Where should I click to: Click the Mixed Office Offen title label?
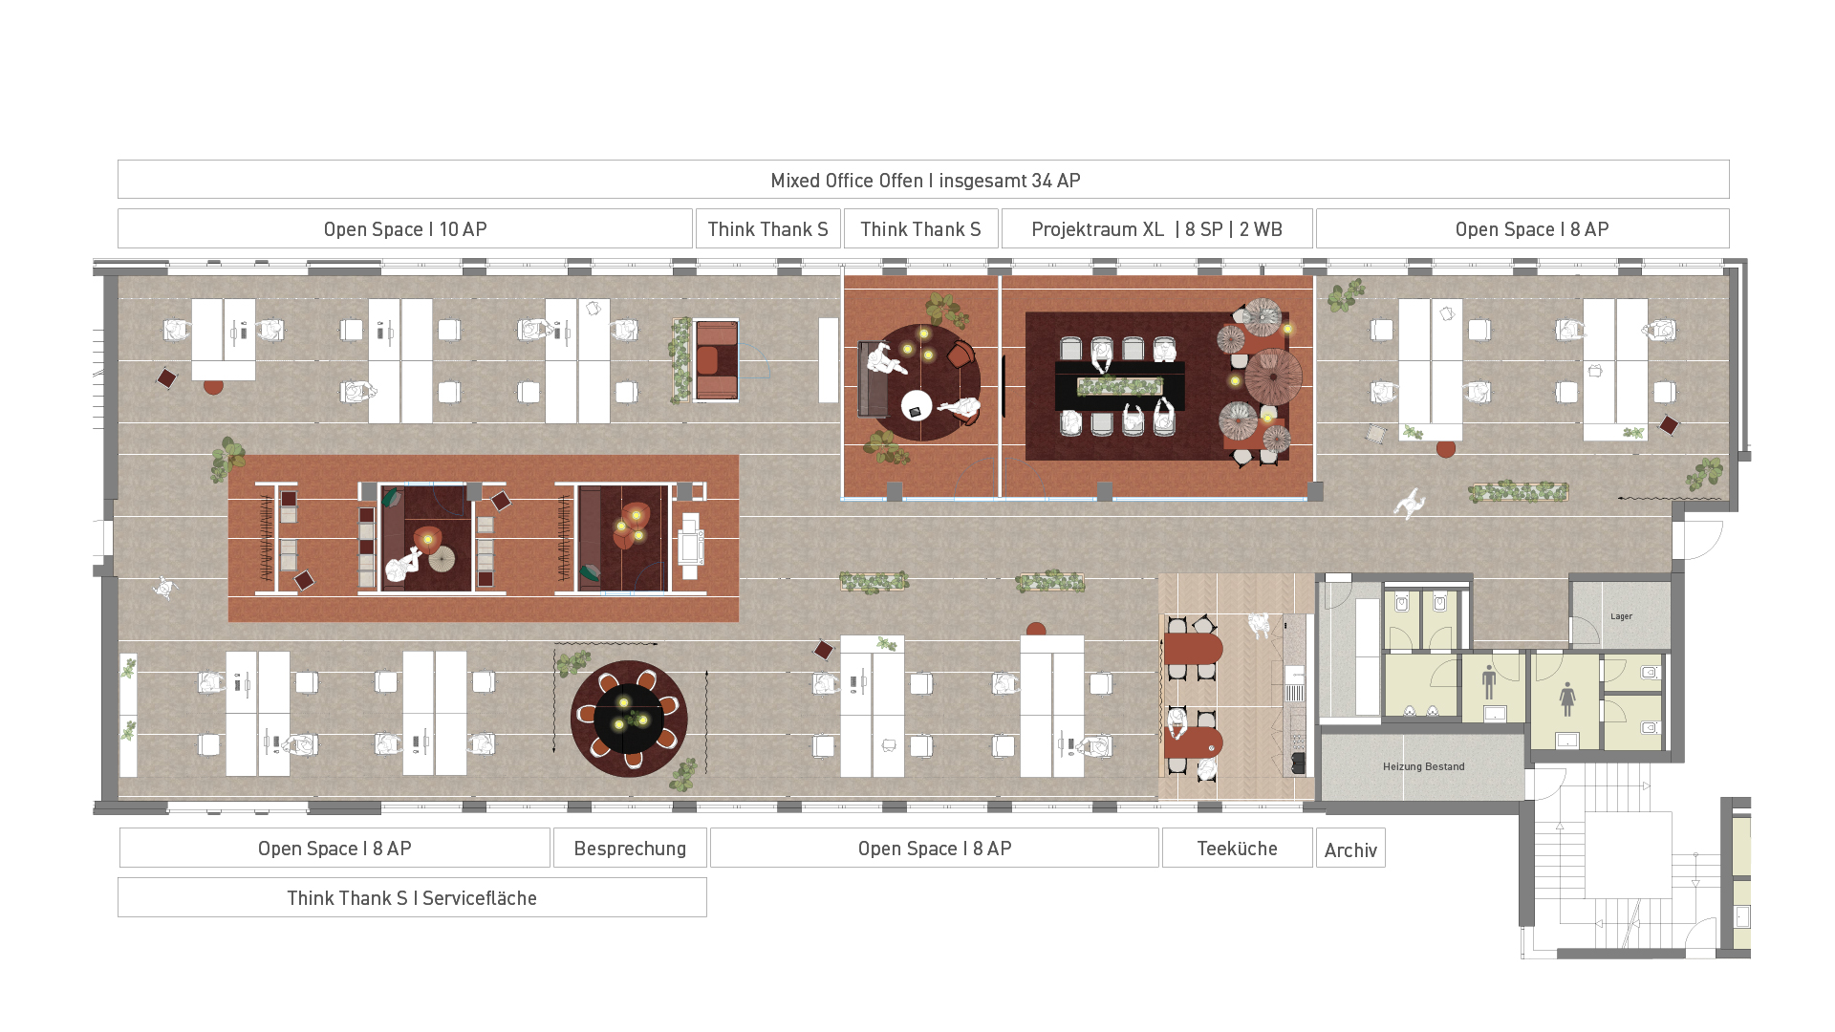(925, 181)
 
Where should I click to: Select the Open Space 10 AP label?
(405, 229)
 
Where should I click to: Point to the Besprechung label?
(630, 849)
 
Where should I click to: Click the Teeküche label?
(1237, 849)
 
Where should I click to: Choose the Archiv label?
(1350, 849)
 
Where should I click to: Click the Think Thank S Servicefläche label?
(412, 898)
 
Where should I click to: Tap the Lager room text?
(1621, 616)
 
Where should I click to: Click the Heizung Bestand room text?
(1423, 766)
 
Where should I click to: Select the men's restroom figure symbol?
(1488, 682)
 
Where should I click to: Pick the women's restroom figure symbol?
(1567, 699)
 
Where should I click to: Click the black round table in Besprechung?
(628, 718)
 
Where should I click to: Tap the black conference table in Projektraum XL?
(1119, 385)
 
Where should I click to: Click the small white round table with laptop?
(917, 405)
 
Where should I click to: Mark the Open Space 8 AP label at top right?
(1532, 229)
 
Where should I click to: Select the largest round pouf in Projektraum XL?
(1273, 376)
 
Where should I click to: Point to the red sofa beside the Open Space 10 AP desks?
(716, 360)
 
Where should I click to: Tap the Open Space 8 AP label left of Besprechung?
(335, 849)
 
